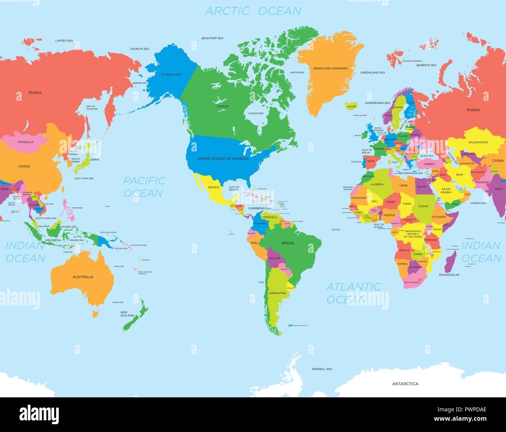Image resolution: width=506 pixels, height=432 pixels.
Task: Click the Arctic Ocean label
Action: (x=253, y=11)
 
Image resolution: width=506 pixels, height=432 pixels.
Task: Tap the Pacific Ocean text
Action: (x=144, y=187)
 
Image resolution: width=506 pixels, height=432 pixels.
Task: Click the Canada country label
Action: (x=223, y=106)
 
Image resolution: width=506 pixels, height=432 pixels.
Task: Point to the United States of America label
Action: (x=223, y=159)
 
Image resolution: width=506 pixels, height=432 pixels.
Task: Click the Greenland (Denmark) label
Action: (x=330, y=68)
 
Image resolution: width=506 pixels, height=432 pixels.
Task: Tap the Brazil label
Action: (x=288, y=243)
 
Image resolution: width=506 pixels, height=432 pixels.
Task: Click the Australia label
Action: (x=83, y=277)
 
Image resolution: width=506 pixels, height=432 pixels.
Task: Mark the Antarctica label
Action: (x=405, y=384)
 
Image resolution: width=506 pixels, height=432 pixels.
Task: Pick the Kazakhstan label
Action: (x=478, y=143)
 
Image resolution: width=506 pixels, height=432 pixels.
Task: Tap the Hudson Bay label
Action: (x=256, y=113)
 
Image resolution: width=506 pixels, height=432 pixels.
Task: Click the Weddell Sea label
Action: (x=322, y=369)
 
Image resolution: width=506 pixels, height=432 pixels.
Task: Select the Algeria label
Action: (x=377, y=184)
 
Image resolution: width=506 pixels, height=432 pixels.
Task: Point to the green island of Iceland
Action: (x=350, y=106)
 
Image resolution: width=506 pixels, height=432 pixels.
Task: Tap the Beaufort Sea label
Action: (x=212, y=38)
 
